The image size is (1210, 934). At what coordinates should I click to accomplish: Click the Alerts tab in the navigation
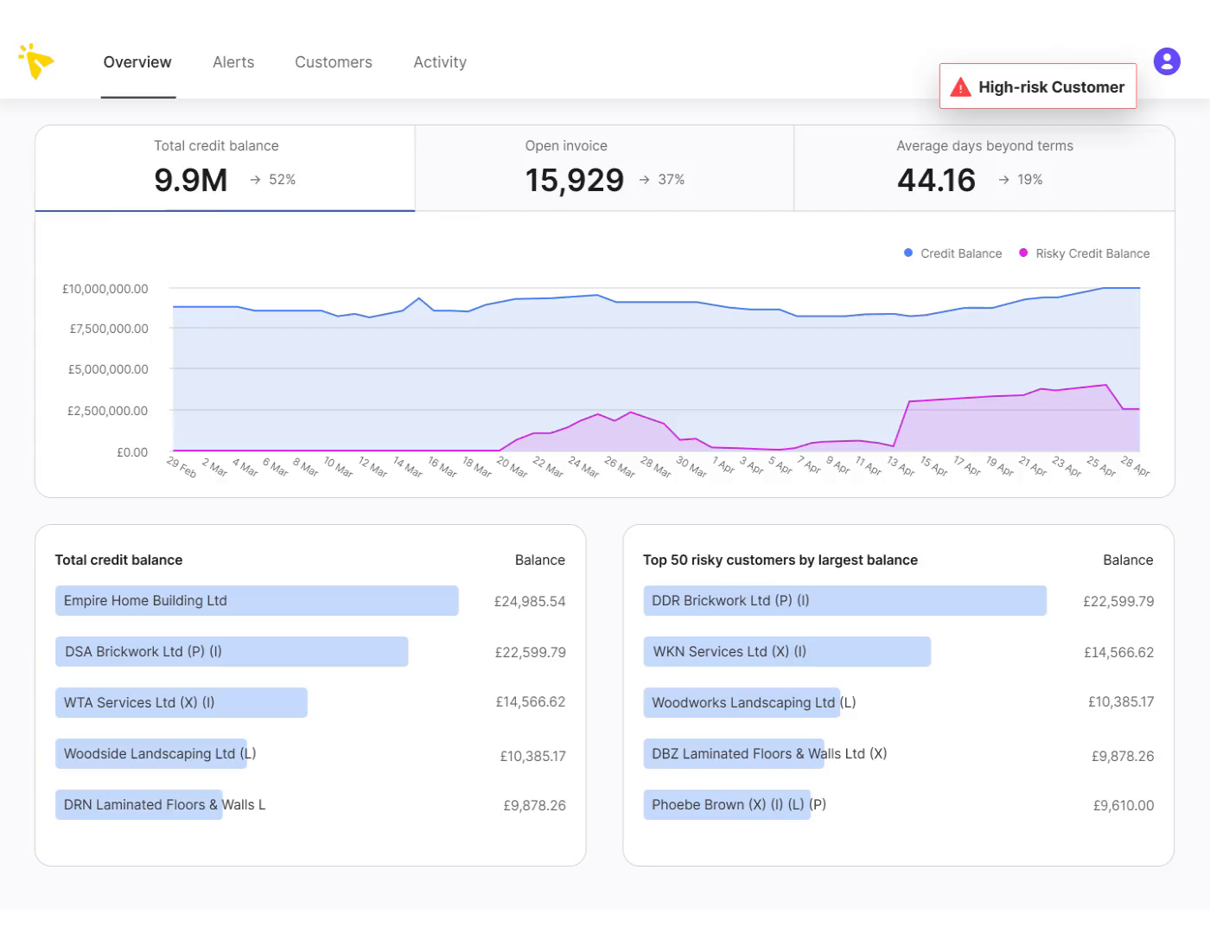point(233,62)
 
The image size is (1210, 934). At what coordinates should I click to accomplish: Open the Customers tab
point(333,62)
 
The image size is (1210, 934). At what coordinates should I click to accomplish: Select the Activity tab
point(439,62)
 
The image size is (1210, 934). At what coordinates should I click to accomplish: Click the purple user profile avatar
point(1167,61)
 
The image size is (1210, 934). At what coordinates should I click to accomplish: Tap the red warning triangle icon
point(960,87)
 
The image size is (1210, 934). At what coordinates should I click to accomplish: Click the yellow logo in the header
point(36,61)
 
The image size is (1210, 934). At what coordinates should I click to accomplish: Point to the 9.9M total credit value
point(191,180)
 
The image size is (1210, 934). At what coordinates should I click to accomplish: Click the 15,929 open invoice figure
point(574,180)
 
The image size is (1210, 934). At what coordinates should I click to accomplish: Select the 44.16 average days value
point(936,180)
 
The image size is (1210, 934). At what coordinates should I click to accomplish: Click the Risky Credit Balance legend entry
point(1092,253)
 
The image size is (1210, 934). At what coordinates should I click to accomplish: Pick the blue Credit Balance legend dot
point(908,253)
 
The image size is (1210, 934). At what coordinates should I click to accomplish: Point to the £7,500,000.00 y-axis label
point(109,329)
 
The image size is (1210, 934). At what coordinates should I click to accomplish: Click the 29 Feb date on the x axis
point(181,467)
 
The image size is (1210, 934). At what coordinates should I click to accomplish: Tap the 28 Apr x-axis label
point(1135,466)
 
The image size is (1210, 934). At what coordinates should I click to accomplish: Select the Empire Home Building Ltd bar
point(257,601)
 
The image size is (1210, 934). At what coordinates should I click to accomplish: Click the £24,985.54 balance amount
point(530,601)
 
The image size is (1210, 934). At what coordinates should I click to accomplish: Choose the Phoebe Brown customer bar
point(727,805)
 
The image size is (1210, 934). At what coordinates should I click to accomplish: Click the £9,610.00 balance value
point(1123,805)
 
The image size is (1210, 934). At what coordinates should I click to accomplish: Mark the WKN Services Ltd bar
point(786,652)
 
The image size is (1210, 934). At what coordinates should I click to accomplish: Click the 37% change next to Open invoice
point(671,180)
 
